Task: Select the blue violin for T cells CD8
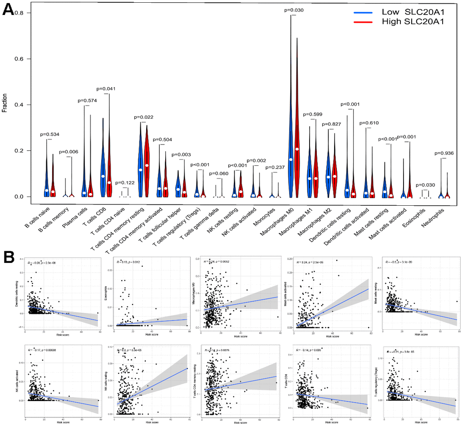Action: (103, 168)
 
